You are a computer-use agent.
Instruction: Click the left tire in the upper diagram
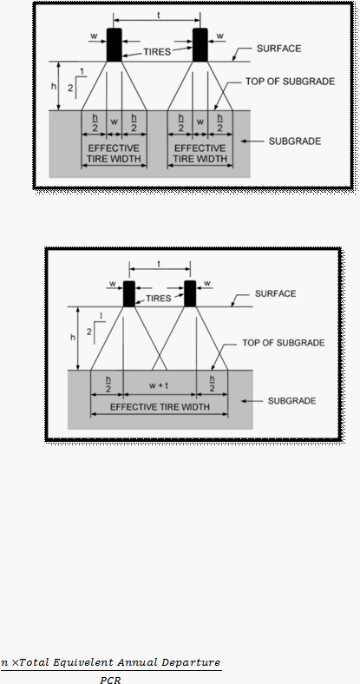pyautogui.click(x=115, y=45)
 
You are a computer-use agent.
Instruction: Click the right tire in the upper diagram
pyautogui.click(x=200, y=45)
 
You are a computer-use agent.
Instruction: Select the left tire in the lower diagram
pyautogui.click(x=129, y=293)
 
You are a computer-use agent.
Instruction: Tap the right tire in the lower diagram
pyautogui.click(x=190, y=293)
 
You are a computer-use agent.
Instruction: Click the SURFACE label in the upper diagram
pyautogui.click(x=278, y=49)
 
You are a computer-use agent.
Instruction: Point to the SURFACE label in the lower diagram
pyautogui.click(x=276, y=293)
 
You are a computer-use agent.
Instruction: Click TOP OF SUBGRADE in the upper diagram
pyautogui.click(x=291, y=82)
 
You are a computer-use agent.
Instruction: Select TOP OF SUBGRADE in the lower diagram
pyautogui.click(x=284, y=343)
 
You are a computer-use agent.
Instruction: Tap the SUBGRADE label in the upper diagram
pyautogui.click(x=295, y=141)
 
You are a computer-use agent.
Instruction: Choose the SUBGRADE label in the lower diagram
pyautogui.click(x=291, y=401)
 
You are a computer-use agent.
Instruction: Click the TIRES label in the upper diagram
pyautogui.click(x=157, y=52)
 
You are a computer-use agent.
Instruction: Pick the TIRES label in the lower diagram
pyautogui.click(x=158, y=299)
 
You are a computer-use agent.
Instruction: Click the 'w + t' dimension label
pyautogui.click(x=159, y=385)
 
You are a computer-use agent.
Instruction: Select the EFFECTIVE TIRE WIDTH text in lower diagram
pyautogui.click(x=160, y=407)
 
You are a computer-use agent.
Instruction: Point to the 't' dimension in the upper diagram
pyautogui.click(x=159, y=15)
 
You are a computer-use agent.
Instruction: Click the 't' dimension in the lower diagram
pyautogui.click(x=159, y=264)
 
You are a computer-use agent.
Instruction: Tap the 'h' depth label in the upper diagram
pyautogui.click(x=54, y=87)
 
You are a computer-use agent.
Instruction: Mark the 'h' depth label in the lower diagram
pyautogui.click(x=73, y=337)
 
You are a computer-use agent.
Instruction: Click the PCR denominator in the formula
pyautogui.click(x=110, y=679)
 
